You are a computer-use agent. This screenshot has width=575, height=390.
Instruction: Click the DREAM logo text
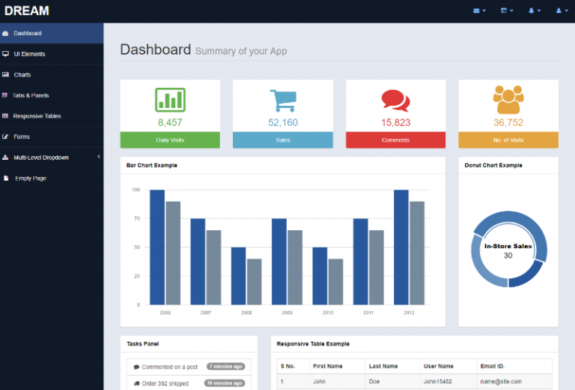click(27, 10)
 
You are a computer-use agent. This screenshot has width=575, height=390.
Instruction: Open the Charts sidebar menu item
click(22, 75)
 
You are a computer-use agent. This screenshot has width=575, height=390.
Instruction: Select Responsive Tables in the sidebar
click(37, 116)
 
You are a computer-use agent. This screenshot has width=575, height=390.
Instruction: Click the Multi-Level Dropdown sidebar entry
click(40, 157)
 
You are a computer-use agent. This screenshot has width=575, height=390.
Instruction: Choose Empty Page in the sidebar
click(30, 178)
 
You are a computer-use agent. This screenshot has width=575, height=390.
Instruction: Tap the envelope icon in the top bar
click(477, 10)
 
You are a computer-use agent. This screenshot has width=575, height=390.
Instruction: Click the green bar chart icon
click(170, 100)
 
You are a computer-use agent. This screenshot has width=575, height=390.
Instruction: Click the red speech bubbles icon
click(395, 100)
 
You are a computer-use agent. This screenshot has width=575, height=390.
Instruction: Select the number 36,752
click(508, 122)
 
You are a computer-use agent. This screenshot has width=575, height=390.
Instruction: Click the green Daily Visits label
click(170, 140)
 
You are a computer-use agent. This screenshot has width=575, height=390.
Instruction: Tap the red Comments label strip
click(395, 140)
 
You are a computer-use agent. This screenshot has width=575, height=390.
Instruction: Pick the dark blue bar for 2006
click(157, 247)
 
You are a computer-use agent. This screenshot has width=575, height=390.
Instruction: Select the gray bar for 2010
click(335, 281)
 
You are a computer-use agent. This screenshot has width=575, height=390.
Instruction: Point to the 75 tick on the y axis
click(136, 218)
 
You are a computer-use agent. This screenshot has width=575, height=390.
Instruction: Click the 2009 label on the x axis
click(287, 312)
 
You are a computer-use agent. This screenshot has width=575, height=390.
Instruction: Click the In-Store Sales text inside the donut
click(508, 246)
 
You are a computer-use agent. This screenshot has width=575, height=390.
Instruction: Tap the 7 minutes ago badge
click(226, 367)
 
